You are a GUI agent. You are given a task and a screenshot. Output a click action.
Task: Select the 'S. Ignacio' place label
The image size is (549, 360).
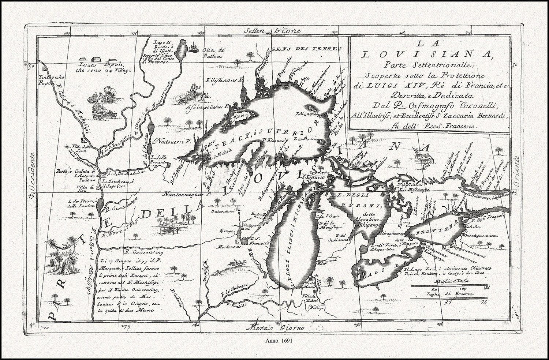pyautogui.click(x=313, y=177)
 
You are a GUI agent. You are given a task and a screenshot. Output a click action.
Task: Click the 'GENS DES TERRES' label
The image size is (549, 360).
pyautogui.click(x=306, y=49)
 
